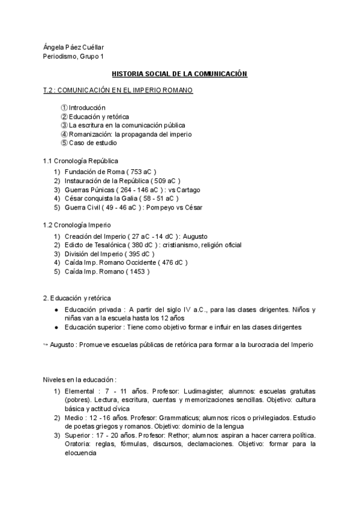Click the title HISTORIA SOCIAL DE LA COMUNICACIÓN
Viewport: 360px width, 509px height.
click(x=180, y=73)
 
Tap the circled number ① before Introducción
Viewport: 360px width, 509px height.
click(x=64, y=107)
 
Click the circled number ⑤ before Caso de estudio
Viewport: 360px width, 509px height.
click(x=64, y=143)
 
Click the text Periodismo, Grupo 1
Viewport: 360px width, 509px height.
click(x=74, y=56)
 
